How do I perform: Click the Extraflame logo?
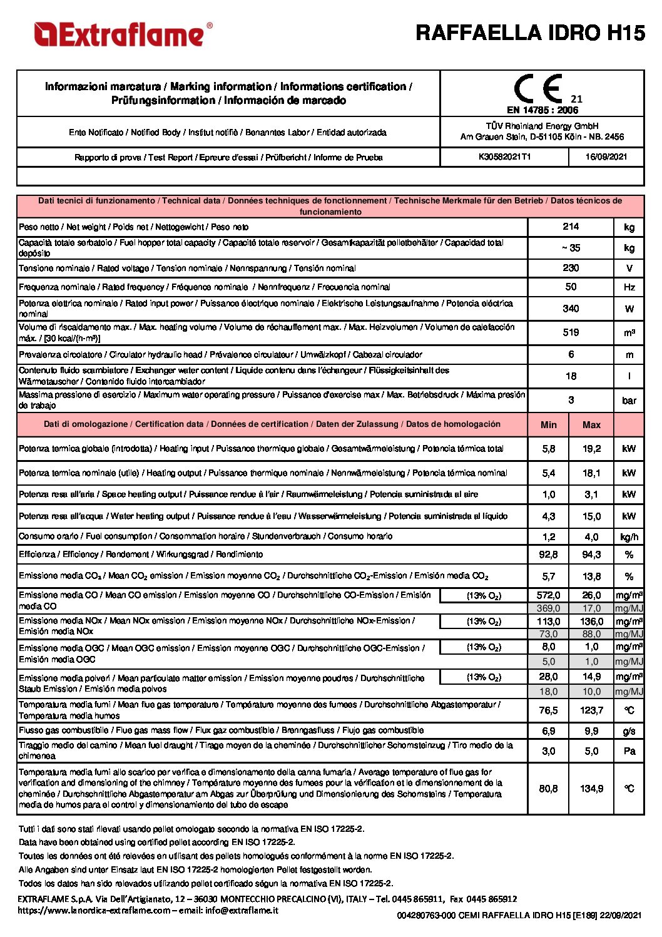[x=123, y=34]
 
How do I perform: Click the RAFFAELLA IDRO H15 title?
[x=530, y=33]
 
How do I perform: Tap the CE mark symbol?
[x=538, y=90]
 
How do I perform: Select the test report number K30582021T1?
[x=504, y=157]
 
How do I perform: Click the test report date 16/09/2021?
[x=606, y=157]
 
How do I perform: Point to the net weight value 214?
[x=571, y=227]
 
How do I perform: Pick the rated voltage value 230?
[x=571, y=268]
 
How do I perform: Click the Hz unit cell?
[x=629, y=287]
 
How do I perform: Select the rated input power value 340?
[x=571, y=309]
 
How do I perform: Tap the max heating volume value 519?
[x=571, y=332]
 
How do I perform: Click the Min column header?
[x=549, y=425]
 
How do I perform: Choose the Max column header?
[x=591, y=425]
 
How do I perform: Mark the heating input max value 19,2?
[x=591, y=449]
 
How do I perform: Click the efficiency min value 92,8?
[x=549, y=555]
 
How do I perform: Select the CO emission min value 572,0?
[x=549, y=595]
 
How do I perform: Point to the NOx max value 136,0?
[x=591, y=622]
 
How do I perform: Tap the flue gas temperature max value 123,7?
[x=591, y=710]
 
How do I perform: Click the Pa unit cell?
[x=629, y=751]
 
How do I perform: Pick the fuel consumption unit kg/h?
[x=629, y=537]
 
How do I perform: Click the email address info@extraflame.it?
[x=242, y=910]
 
